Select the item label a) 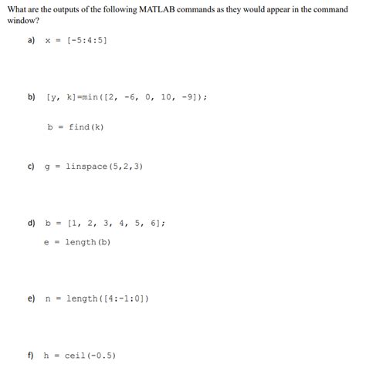tap(32, 40)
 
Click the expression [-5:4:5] tap(86, 40)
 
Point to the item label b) tap(32, 98)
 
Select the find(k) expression tap(85, 127)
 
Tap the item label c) tap(32, 166)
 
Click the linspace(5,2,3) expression tap(104, 166)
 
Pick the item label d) tap(32, 224)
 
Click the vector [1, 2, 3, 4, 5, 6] tap(115, 224)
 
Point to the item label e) tap(32, 298)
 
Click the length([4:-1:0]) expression tap(107, 298)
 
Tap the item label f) tap(31, 355)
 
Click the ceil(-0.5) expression tap(90, 355)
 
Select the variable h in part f tap(46, 355)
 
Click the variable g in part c tap(46, 167)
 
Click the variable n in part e tap(46, 298)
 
